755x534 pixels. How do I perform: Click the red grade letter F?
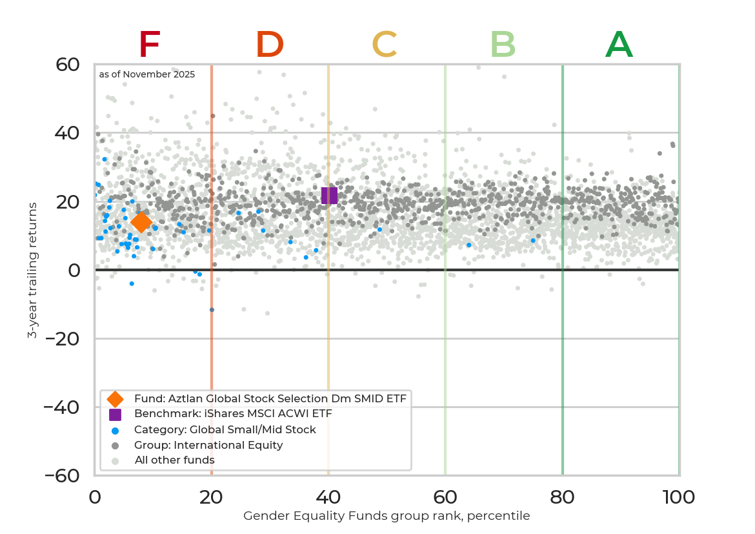point(149,45)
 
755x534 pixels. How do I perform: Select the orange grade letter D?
point(269,45)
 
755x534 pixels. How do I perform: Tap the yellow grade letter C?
point(384,45)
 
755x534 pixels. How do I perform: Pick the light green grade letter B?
point(503,45)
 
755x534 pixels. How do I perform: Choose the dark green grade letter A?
point(619,45)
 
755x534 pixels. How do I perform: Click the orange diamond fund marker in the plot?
point(141,222)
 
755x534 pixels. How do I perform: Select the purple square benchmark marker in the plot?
point(329,195)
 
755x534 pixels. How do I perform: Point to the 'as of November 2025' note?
point(146,74)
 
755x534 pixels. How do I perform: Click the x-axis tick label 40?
point(328,497)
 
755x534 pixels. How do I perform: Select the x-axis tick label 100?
point(679,497)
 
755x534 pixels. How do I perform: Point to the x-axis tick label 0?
point(95,497)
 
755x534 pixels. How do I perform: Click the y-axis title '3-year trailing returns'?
point(32,270)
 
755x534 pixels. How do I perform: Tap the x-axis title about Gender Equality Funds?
point(386,516)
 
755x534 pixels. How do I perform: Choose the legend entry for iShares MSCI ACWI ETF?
point(232,414)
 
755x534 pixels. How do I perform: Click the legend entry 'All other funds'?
point(174,460)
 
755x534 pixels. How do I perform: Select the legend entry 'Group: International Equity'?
point(208,445)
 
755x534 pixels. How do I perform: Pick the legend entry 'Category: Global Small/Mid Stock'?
point(225,429)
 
